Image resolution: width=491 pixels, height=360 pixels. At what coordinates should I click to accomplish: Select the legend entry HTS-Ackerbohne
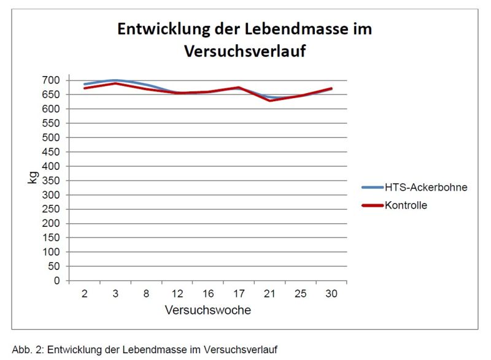click(x=426, y=188)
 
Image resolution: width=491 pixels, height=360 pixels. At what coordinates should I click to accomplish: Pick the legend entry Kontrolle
click(x=406, y=205)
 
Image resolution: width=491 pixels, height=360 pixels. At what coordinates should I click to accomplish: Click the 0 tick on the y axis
click(x=57, y=281)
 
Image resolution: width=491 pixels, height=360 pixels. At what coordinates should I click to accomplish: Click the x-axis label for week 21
click(x=269, y=294)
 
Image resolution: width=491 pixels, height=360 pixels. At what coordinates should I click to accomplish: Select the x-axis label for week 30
click(x=331, y=294)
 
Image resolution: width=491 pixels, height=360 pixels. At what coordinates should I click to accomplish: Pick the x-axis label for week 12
click(x=177, y=294)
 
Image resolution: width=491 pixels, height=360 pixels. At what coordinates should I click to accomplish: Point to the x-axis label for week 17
click(x=239, y=294)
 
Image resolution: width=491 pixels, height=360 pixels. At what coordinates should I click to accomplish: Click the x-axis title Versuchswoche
click(x=207, y=310)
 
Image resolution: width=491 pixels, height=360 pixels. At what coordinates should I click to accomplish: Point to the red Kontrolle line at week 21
click(x=269, y=100)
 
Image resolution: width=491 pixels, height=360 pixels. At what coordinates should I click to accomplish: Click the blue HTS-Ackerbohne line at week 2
click(x=85, y=84)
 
